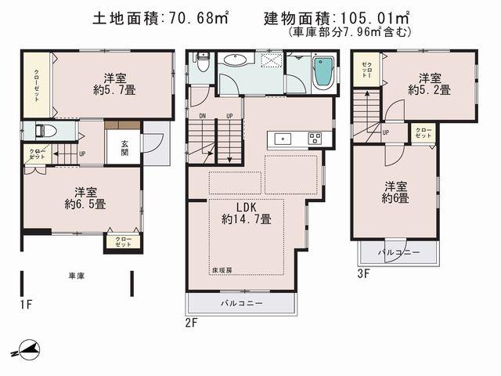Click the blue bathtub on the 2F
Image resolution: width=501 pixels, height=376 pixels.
323,76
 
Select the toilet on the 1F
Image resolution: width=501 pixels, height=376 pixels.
44,132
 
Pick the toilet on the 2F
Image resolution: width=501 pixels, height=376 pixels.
202,65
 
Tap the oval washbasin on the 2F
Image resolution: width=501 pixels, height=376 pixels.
234,62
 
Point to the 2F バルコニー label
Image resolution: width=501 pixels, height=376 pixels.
241,302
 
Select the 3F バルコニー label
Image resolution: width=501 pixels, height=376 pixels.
400,253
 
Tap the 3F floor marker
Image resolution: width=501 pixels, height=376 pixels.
362,273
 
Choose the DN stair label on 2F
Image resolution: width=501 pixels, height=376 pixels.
201,116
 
